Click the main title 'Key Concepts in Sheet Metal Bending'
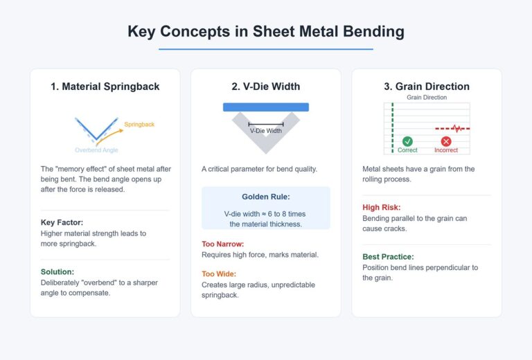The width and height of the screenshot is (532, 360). pos(266,32)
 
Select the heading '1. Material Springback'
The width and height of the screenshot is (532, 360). pos(105,87)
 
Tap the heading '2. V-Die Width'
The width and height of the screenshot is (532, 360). pos(266,87)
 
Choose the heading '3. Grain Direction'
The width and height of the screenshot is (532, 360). pos(427,87)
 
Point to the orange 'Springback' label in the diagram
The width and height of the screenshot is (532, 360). pos(139,125)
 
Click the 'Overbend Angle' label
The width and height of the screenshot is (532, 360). pos(96,150)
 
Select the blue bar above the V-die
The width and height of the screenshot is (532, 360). pos(266,107)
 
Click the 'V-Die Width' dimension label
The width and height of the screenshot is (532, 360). pos(266,130)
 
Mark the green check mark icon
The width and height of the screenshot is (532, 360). pos(407,141)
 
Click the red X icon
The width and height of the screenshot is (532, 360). pos(446,141)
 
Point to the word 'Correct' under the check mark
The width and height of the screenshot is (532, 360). pos(407,150)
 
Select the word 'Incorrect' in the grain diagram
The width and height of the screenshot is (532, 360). pos(446,150)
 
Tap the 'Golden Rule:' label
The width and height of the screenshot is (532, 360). pos(266,197)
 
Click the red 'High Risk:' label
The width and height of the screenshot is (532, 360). pos(382,207)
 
